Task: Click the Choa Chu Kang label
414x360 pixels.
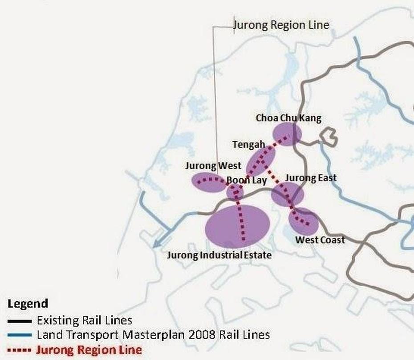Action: pyautogui.click(x=288, y=118)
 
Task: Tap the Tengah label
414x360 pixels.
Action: pyautogui.click(x=248, y=145)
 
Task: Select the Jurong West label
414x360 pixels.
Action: pyautogui.click(x=213, y=166)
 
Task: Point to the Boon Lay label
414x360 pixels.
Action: pyautogui.click(x=247, y=180)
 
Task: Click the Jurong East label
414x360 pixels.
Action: pyautogui.click(x=311, y=178)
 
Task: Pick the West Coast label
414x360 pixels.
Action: pyautogui.click(x=320, y=240)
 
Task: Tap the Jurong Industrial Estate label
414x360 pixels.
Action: pyautogui.click(x=219, y=255)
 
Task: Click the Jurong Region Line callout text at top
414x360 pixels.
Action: pyautogui.click(x=281, y=25)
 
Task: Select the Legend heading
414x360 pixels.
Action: pyautogui.click(x=28, y=304)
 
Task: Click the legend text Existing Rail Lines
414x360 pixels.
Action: pyautogui.click(x=84, y=320)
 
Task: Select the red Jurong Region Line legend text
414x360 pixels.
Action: pyautogui.click(x=89, y=350)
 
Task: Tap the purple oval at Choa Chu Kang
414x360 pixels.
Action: pyautogui.click(x=287, y=134)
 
